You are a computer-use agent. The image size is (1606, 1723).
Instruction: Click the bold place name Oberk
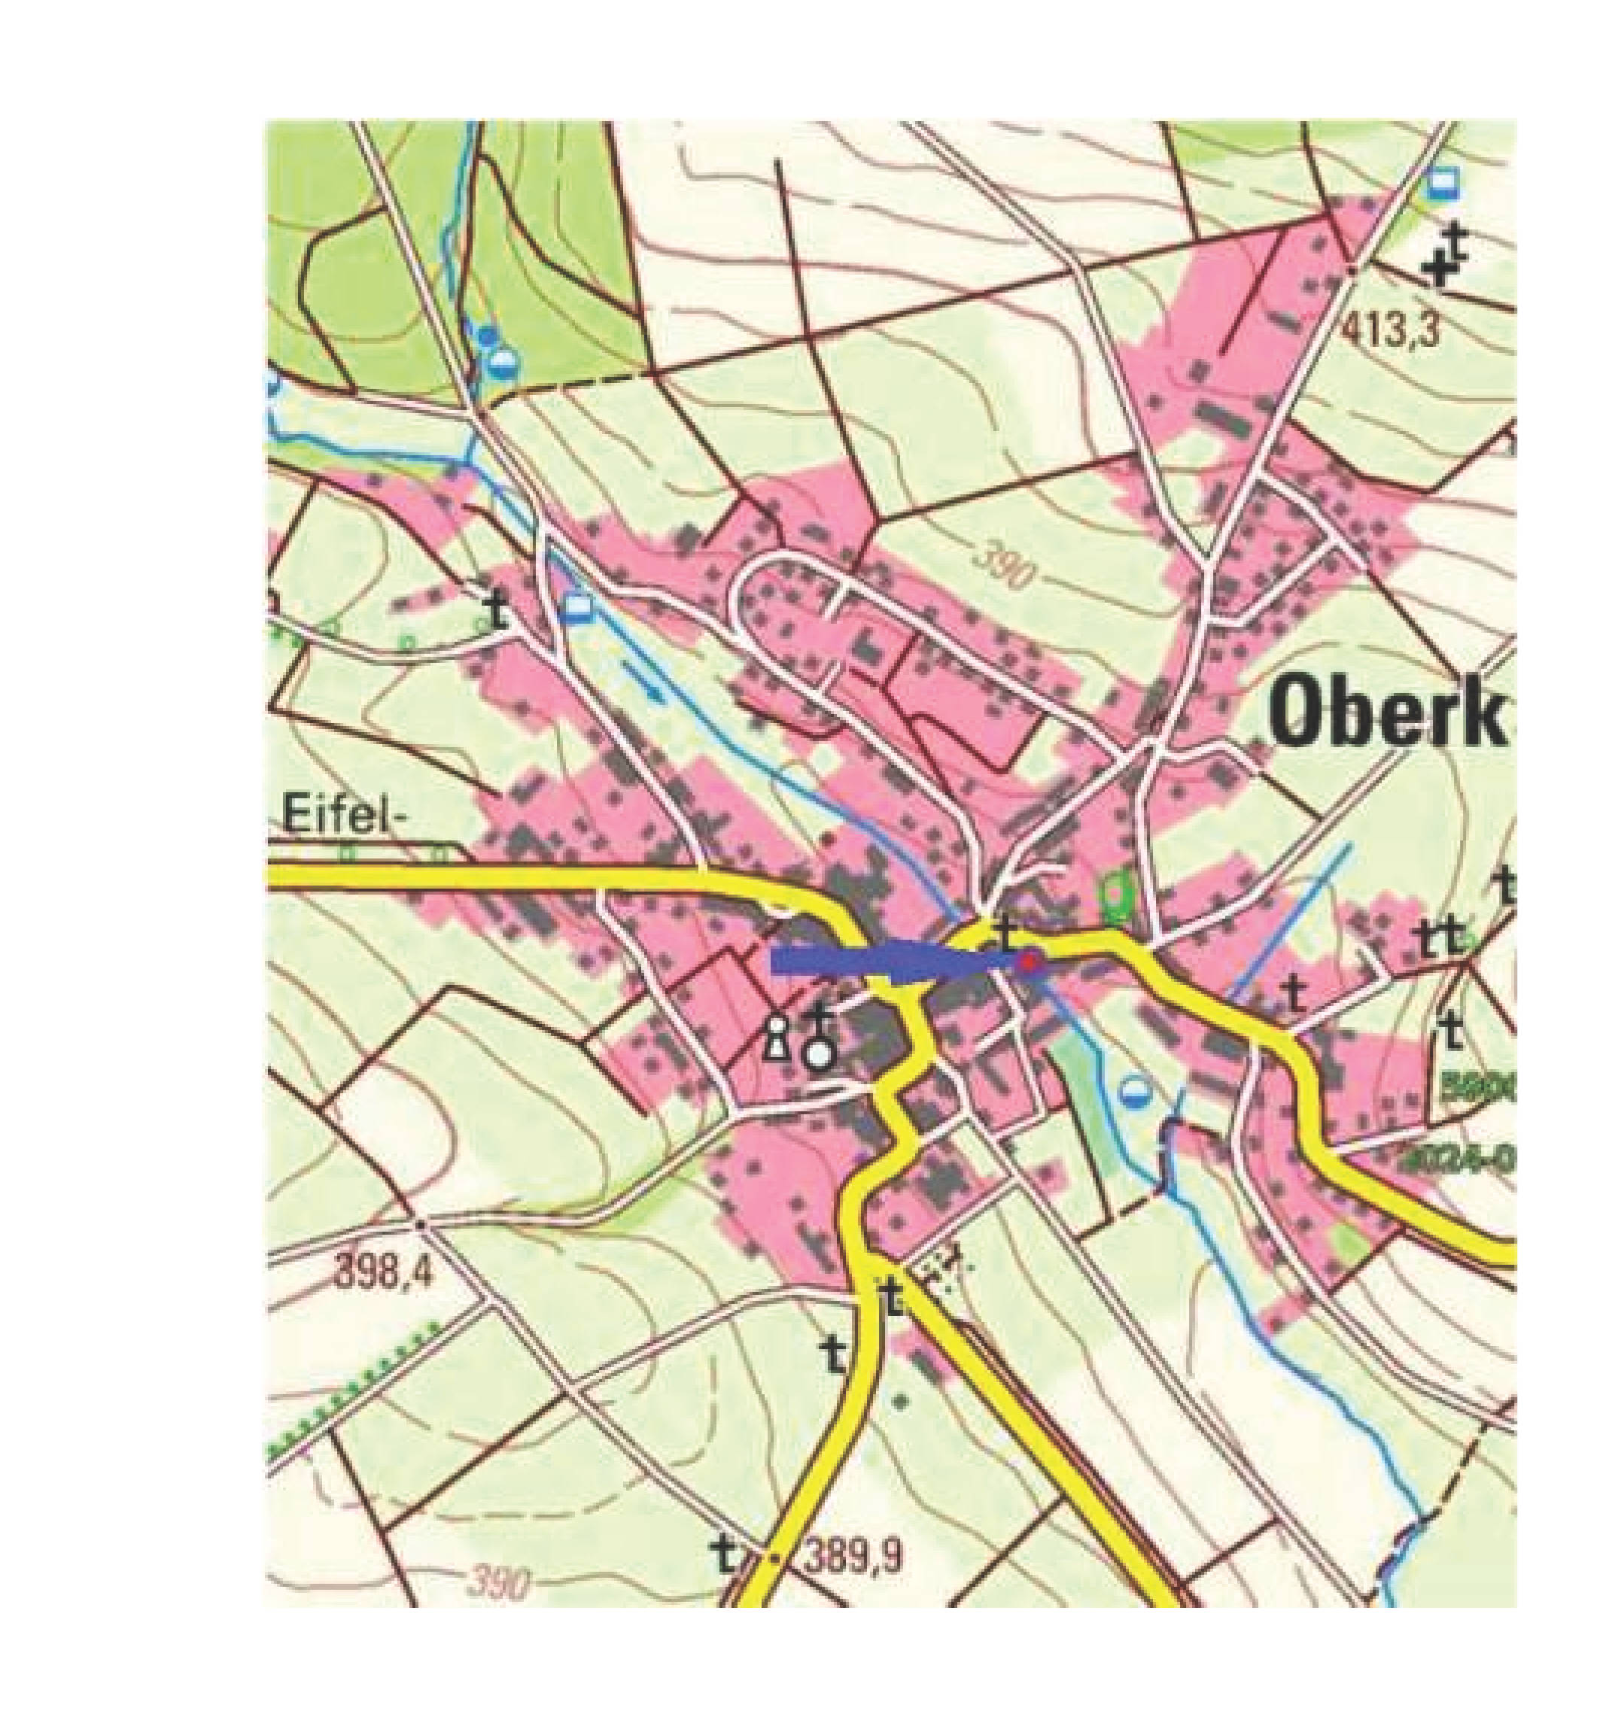[x=1384, y=713]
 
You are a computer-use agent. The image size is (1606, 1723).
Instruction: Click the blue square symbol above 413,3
[x=1441, y=183]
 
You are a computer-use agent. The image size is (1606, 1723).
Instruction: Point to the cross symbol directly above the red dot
[x=1005, y=930]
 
